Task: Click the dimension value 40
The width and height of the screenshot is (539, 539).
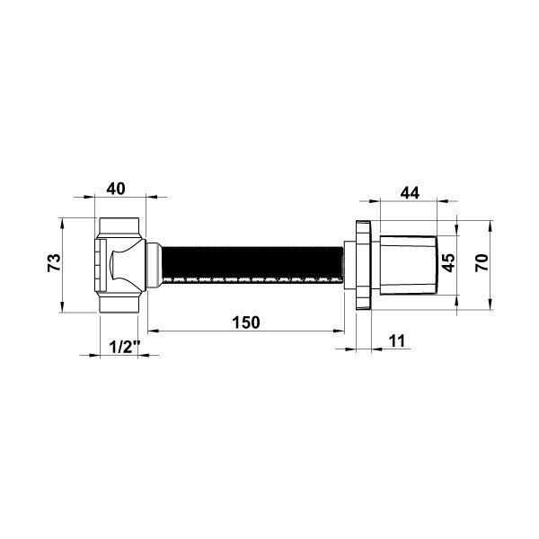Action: click(x=116, y=189)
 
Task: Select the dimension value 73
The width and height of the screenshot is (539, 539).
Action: click(x=54, y=262)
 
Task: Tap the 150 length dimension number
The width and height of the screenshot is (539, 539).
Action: click(x=246, y=323)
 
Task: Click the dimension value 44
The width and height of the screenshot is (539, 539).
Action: click(x=410, y=192)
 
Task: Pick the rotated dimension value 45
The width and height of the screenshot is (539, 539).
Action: click(x=448, y=262)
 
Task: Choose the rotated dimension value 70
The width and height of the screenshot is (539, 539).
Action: click(x=482, y=262)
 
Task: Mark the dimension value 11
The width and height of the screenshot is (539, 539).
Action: click(x=397, y=340)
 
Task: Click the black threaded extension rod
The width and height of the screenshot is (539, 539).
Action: click(x=252, y=263)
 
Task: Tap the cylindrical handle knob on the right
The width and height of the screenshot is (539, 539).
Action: click(x=409, y=265)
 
